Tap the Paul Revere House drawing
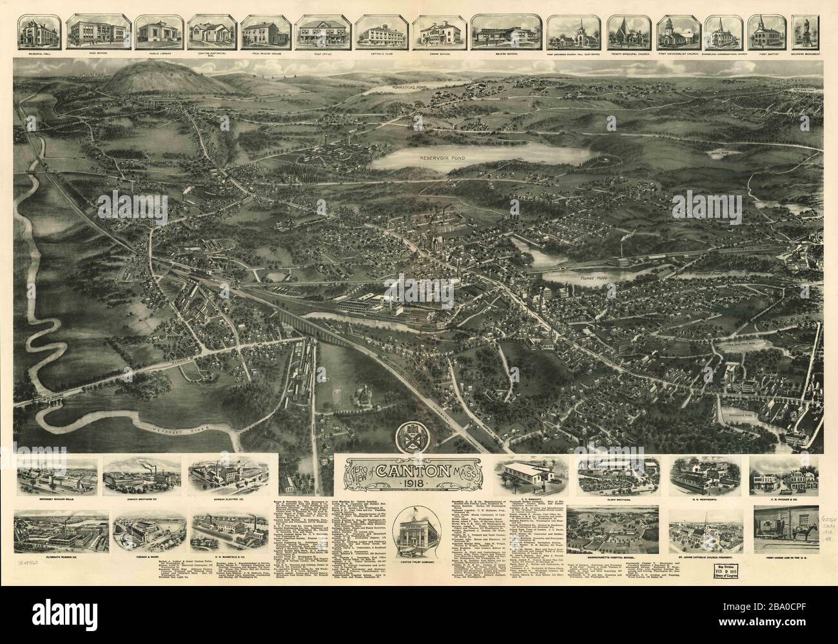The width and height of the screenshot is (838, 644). [265, 33]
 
